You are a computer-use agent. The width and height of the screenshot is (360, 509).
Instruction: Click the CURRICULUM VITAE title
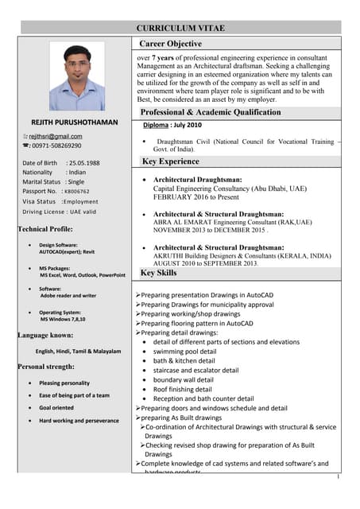pos(180,28)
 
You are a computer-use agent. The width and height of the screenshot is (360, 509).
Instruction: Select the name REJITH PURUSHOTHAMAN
pos(74,122)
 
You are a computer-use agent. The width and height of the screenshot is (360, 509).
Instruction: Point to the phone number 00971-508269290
pos(56,146)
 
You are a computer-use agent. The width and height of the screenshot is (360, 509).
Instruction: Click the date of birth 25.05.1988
pos(83,163)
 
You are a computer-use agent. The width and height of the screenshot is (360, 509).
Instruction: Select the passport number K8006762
pos(78,192)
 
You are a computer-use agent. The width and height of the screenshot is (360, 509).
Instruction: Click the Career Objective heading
pos(171,44)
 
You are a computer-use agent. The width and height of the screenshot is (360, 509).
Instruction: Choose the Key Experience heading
pos(171,161)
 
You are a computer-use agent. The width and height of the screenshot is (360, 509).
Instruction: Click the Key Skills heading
pos(159,274)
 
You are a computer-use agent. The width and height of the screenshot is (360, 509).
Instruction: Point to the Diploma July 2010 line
pos(172,126)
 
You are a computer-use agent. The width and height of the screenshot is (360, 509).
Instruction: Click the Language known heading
pos(45,336)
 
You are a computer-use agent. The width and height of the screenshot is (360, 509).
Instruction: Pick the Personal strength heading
pos(46,367)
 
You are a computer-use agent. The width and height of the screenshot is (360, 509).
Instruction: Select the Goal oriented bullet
pos(57,408)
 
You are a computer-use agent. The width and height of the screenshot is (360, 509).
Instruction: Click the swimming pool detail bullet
pos(184,351)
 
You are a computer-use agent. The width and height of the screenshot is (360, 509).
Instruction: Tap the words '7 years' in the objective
pos(164,59)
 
